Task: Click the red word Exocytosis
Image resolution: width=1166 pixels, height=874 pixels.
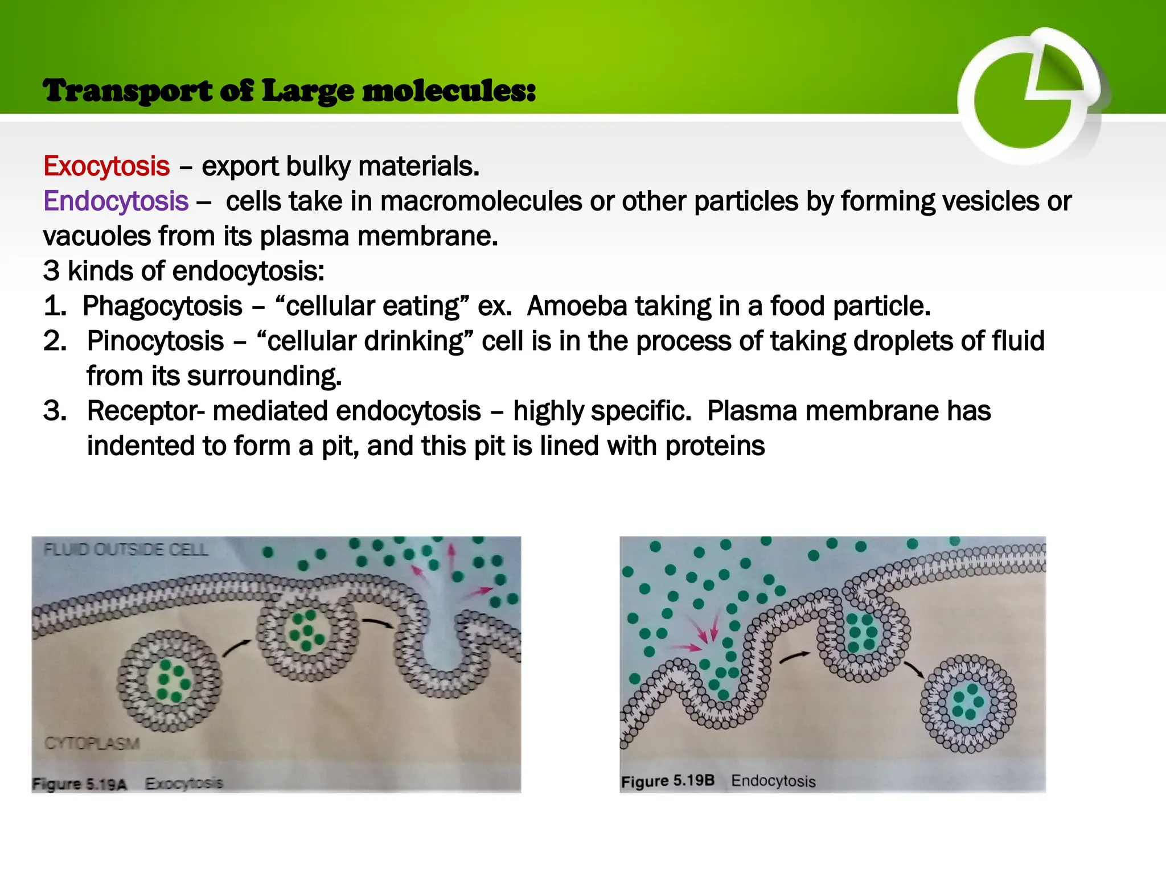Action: coord(106,167)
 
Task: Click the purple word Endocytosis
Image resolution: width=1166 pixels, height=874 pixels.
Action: coord(116,201)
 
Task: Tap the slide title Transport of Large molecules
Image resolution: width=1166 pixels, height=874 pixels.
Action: coord(289,91)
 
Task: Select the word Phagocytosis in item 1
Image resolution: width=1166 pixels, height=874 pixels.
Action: coord(162,307)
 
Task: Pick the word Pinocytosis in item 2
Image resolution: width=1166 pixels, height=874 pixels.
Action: coord(155,341)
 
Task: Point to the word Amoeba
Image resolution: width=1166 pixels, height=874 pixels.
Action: coord(576,306)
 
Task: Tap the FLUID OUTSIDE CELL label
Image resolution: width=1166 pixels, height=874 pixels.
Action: coord(126,550)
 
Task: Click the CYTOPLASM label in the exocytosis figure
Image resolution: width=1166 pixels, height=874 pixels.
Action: coord(92,744)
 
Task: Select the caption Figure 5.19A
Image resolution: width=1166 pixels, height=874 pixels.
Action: coord(79,785)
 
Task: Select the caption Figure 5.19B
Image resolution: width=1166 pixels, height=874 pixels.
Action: coord(667,781)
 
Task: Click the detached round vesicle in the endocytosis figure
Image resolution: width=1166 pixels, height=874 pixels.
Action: coord(968,703)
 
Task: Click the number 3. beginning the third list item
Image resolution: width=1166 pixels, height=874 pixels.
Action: coord(55,411)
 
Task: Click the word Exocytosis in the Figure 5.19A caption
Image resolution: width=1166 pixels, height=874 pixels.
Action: coord(184,784)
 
